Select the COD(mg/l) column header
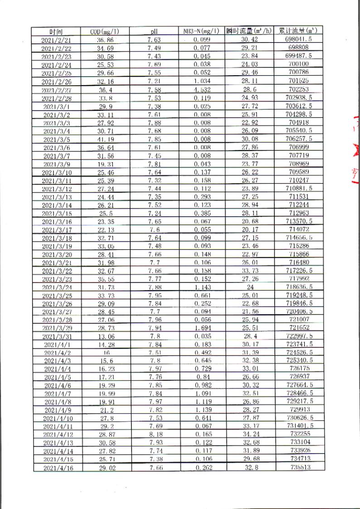pos(105,32)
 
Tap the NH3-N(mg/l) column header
pos(202,31)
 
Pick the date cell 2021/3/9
pos(56,163)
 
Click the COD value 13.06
pos(106,335)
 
